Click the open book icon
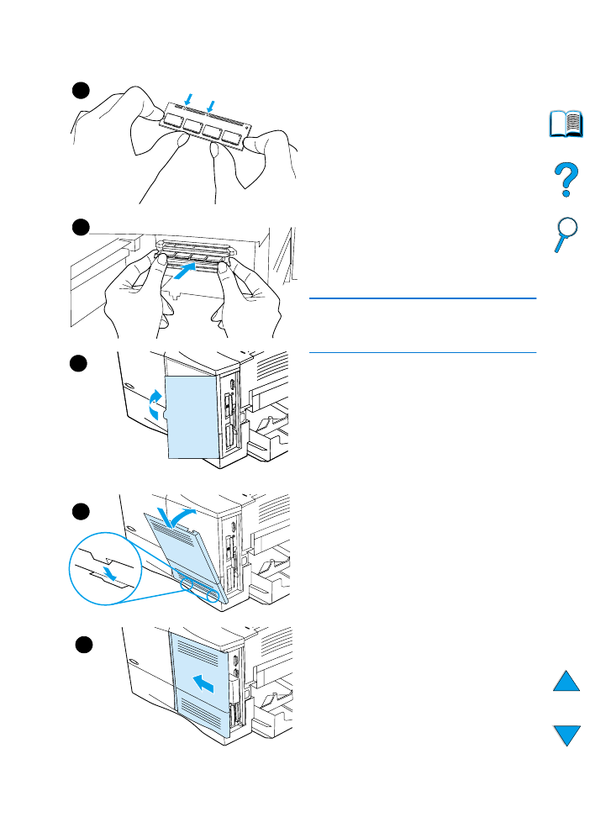coord(566,125)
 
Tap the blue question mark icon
coord(566,180)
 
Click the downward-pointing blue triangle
coord(566,735)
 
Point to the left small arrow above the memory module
coord(187,98)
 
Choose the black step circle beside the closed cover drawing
coord(82,645)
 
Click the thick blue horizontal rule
coord(422,298)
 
